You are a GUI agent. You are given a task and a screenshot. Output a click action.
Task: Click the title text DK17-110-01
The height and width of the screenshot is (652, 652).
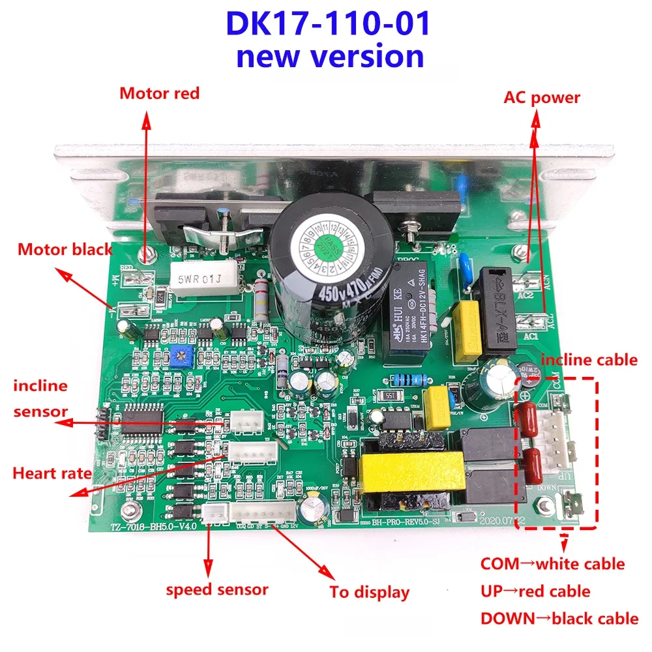coord(328,24)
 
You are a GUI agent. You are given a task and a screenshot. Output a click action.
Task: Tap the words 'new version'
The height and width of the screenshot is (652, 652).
coord(329,56)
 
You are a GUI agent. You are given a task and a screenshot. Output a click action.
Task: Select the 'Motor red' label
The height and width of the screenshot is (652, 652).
coord(159,93)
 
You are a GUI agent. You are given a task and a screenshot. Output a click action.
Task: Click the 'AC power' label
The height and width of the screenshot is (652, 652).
coord(542,98)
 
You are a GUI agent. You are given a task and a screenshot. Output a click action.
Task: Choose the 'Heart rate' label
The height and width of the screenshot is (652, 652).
coord(52,473)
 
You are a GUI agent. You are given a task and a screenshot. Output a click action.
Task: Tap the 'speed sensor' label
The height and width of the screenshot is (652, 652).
coord(217,589)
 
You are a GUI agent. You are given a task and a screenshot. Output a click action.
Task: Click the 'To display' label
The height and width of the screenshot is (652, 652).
coord(369,592)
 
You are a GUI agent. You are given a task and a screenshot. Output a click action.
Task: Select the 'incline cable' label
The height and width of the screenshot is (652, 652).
coord(589,360)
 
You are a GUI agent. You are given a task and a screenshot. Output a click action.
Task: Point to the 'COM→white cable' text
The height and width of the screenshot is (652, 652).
coord(552,563)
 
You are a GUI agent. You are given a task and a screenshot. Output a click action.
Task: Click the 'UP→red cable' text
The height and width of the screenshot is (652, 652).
coord(535,591)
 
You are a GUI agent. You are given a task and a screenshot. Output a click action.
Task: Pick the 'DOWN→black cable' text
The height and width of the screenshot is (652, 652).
coord(559,618)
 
